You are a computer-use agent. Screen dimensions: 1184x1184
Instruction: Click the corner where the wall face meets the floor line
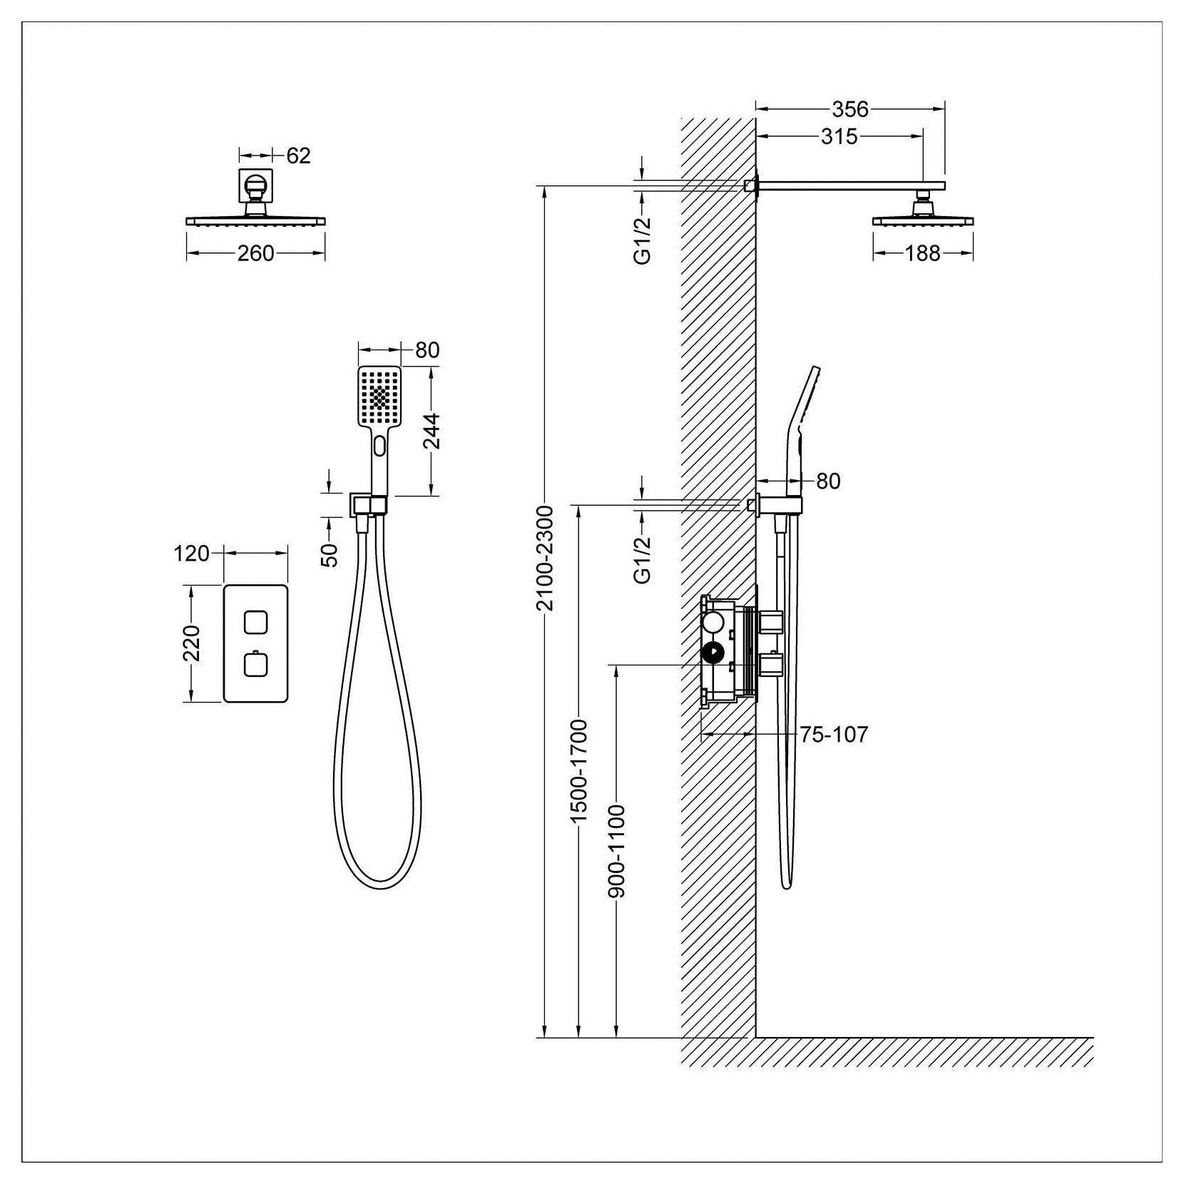[756, 1037]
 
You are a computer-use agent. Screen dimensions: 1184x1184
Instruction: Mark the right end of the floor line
[1093, 1037]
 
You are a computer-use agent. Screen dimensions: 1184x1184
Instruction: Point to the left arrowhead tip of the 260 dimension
[187, 252]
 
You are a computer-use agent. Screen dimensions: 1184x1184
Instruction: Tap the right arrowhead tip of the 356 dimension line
[945, 109]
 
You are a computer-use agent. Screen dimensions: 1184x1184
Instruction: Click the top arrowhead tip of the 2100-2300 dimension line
[546, 186]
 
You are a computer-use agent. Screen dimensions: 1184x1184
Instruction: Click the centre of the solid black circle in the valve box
[713, 652]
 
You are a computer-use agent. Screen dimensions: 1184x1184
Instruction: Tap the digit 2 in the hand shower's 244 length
[432, 442]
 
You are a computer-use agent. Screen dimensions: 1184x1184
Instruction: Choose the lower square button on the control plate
[255, 665]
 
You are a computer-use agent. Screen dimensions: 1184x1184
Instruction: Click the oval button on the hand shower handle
[378, 447]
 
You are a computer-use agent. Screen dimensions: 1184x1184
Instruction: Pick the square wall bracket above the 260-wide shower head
[255, 187]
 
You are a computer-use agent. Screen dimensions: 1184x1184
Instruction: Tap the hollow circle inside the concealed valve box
[713, 623]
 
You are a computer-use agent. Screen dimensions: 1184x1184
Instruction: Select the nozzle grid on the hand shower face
[379, 397]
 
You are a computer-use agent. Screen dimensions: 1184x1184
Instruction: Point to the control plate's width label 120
[192, 553]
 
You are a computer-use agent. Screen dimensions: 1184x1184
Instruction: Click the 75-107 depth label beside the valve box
[834, 734]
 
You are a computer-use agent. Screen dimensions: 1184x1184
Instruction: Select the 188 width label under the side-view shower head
[923, 253]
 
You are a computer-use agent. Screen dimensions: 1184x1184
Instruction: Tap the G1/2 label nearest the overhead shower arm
[643, 242]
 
